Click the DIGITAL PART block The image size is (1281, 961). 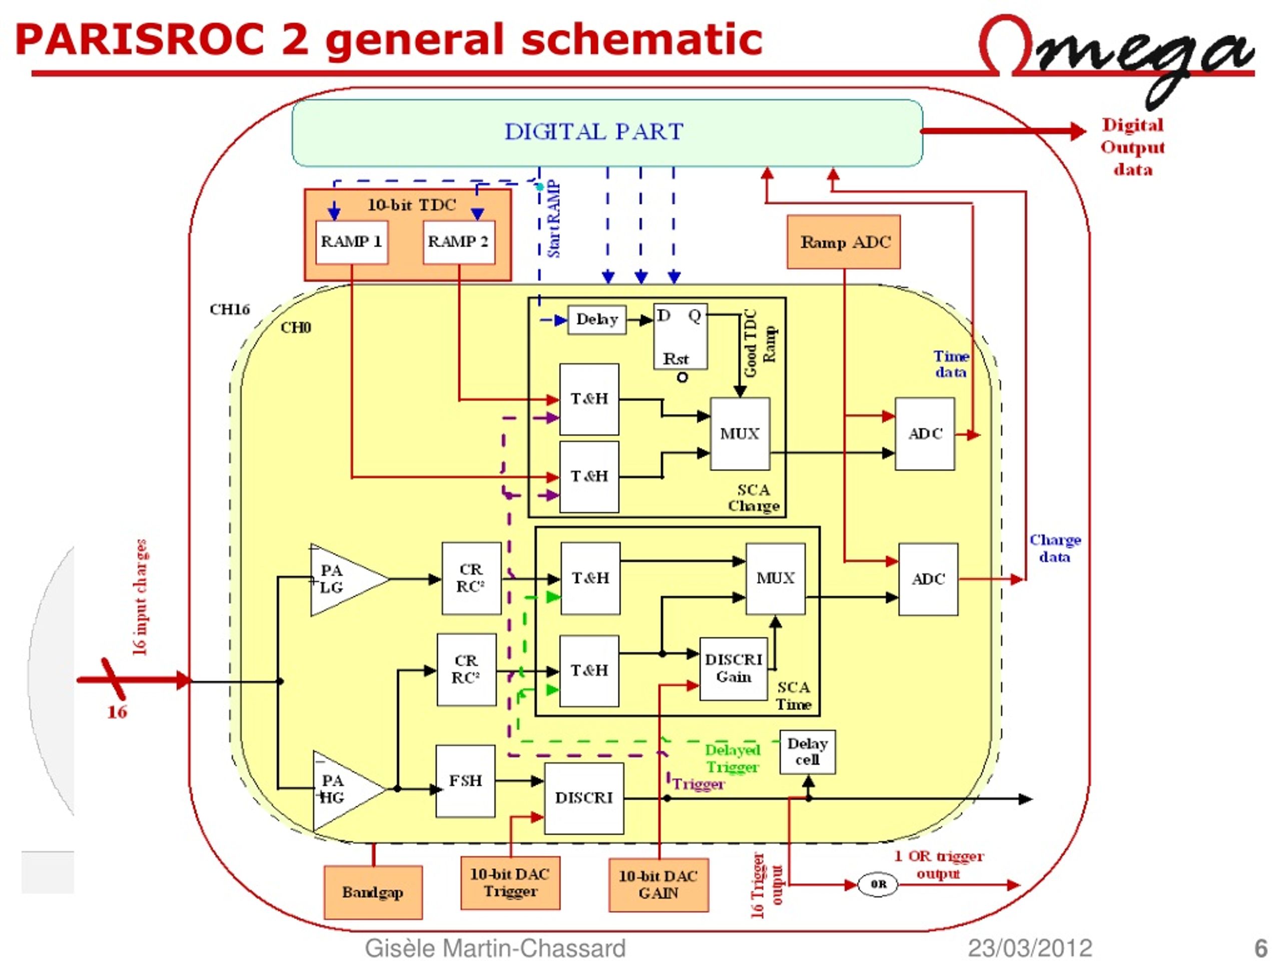click(x=607, y=133)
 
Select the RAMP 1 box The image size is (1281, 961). click(x=351, y=242)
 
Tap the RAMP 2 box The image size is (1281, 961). click(x=459, y=242)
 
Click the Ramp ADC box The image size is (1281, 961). click(x=844, y=242)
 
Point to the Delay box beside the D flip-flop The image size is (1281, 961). click(x=597, y=320)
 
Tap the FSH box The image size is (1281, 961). click(x=465, y=781)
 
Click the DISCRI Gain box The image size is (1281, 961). click(x=734, y=669)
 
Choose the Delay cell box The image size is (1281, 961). click(x=807, y=752)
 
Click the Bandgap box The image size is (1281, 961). click(x=373, y=892)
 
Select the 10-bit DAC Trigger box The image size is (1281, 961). click(x=510, y=883)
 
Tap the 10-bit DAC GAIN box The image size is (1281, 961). click(x=659, y=884)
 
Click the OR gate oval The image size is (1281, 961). click(x=878, y=884)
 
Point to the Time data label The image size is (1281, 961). click(x=951, y=364)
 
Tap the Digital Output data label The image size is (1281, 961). click(x=1133, y=147)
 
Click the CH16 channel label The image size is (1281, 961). click(x=229, y=309)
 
